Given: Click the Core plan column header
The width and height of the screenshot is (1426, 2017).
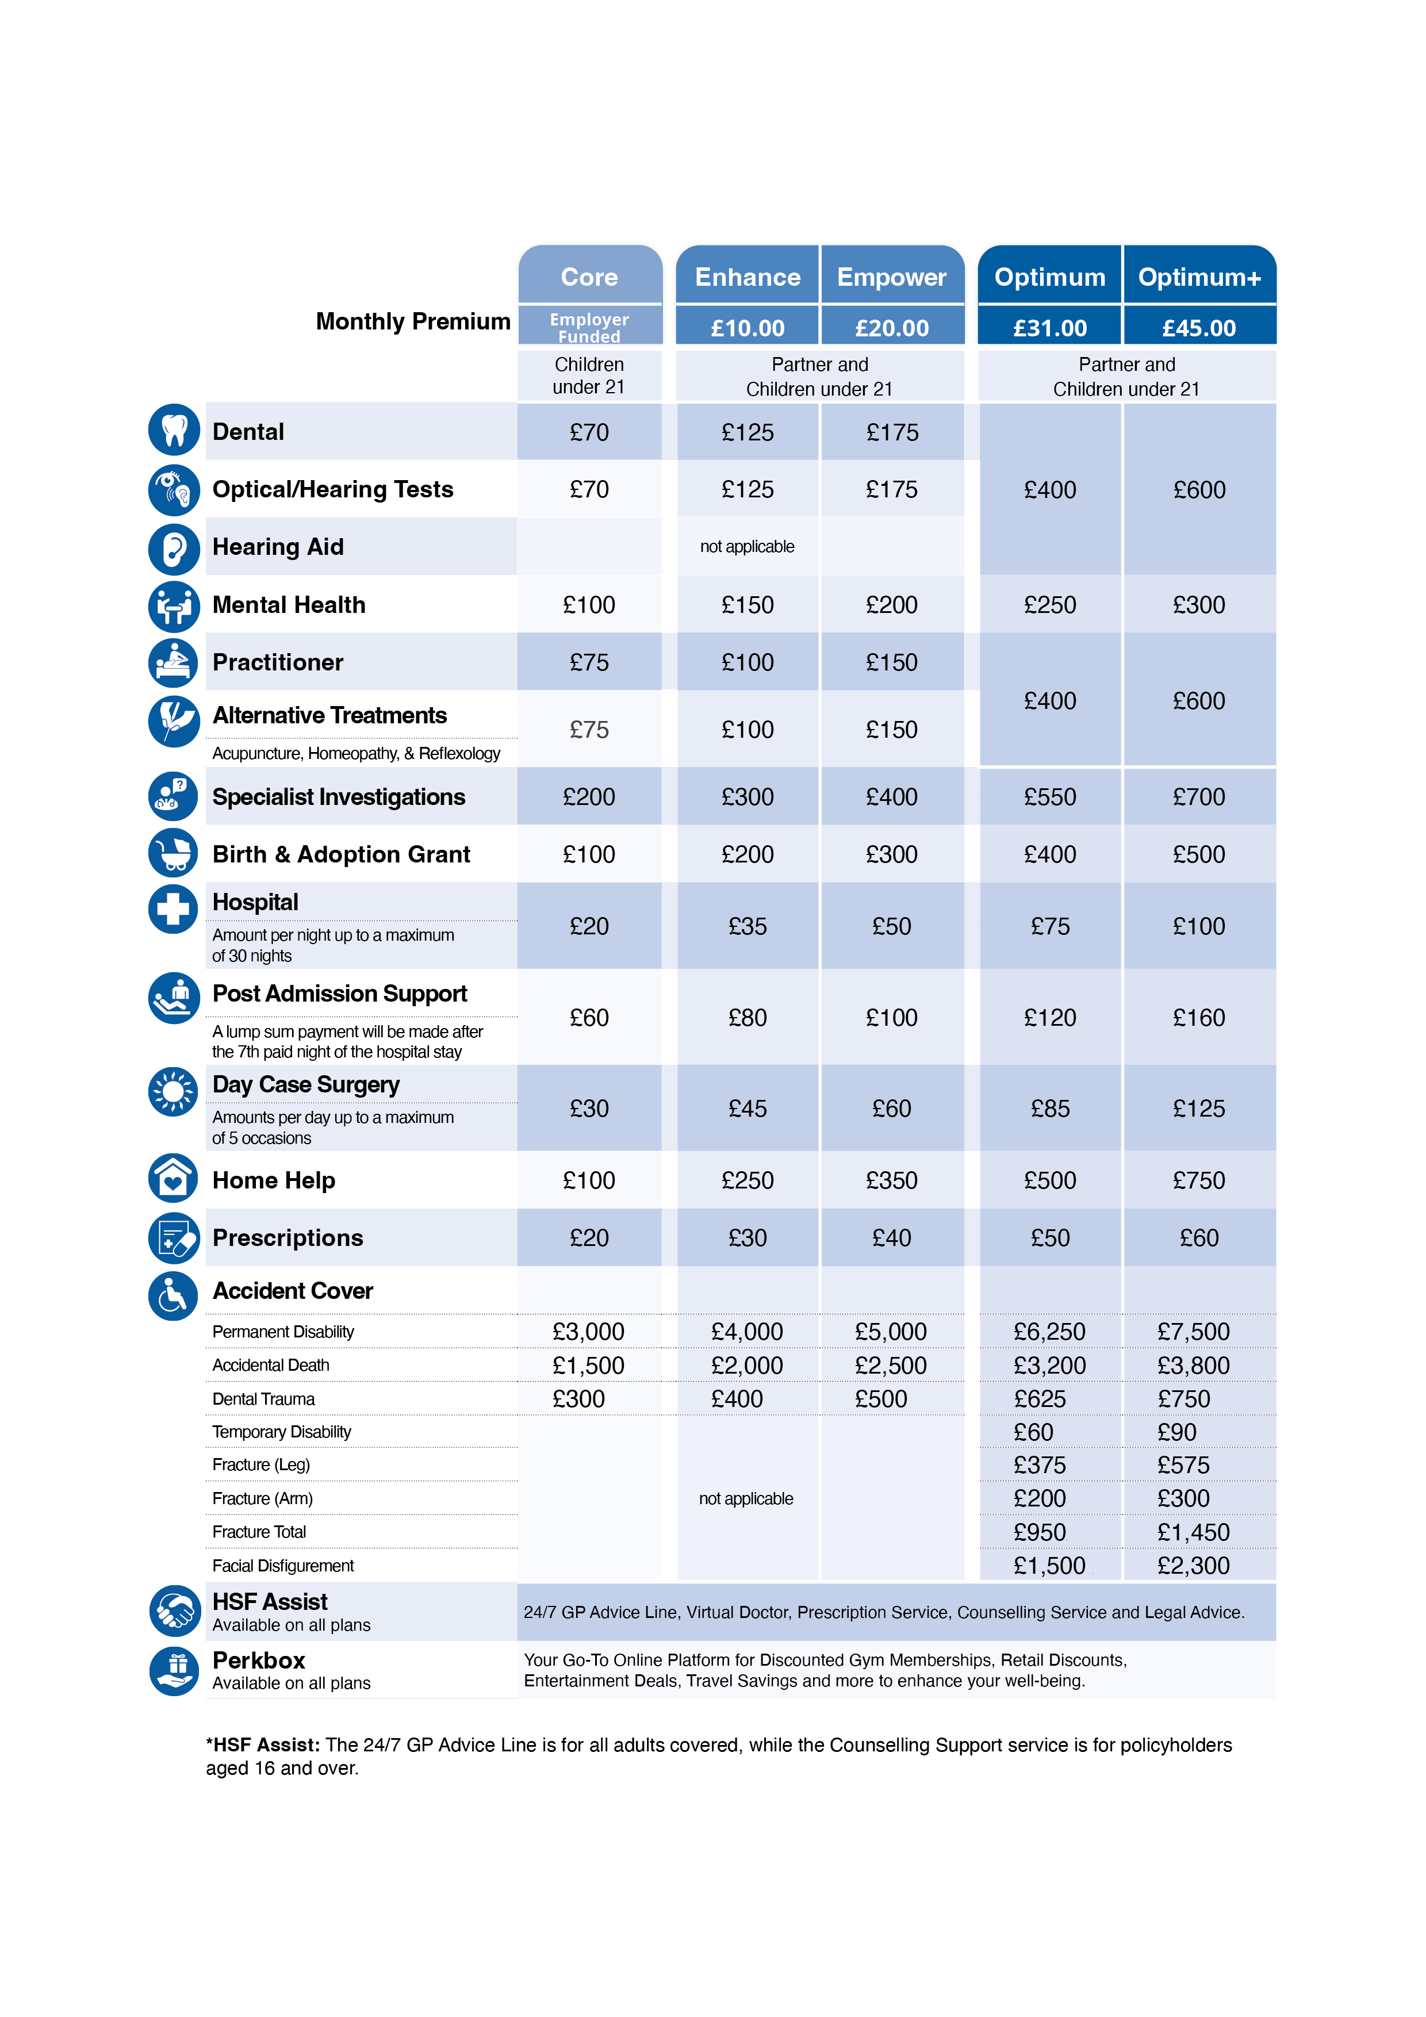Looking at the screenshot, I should coord(589,277).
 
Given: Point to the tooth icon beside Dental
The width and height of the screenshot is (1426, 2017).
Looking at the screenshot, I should coord(174,431).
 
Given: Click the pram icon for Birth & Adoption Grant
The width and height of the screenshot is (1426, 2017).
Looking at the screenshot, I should coord(174,853).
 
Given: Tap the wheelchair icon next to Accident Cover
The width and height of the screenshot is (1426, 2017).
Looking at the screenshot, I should coord(174,1296).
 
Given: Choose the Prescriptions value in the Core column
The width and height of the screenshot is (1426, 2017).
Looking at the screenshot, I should coord(589,1238).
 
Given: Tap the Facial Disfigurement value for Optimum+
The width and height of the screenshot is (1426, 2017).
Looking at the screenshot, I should coord(1193,1566).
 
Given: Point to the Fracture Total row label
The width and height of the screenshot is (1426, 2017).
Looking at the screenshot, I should coord(259,1532).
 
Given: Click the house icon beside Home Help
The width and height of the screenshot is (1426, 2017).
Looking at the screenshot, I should coord(174,1178).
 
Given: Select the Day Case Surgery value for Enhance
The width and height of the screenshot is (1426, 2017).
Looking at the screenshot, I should coord(747,1109).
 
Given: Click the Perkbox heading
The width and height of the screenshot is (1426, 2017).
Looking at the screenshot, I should coord(259,1661).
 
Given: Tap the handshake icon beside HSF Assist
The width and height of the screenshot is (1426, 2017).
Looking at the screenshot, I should coord(174,1610).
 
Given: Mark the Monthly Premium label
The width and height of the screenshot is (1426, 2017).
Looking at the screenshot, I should coord(413,321).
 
